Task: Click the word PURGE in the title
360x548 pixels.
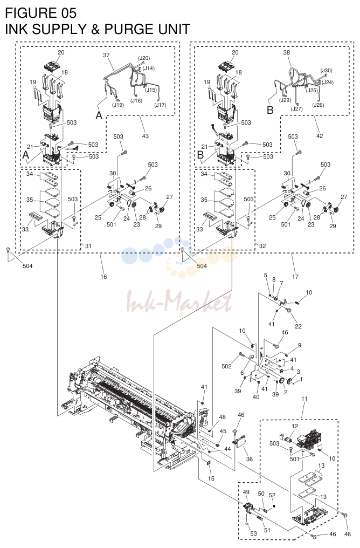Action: click(128, 29)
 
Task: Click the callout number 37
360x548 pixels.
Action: click(107, 55)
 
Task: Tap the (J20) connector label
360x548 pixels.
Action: click(144, 58)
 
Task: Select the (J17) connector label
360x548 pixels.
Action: click(160, 105)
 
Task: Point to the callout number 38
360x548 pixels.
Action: click(286, 52)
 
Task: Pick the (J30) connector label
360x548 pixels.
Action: click(326, 71)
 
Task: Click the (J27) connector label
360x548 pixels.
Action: click(296, 109)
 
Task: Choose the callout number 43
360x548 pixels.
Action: click(146, 135)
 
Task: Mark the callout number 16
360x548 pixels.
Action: click(103, 277)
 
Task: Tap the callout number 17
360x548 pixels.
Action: click(295, 277)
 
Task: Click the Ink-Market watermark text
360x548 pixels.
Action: click(179, 302)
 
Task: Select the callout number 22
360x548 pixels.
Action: click(298, 326)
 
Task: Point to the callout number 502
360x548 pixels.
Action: click(226, 366)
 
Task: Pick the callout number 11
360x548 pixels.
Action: click(304, 399)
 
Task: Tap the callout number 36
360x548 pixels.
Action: click(250, 459)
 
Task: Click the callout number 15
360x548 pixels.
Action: click(211, 478)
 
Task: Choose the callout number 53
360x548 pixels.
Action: click(253, 533)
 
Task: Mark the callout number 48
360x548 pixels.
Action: click(223, 417)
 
